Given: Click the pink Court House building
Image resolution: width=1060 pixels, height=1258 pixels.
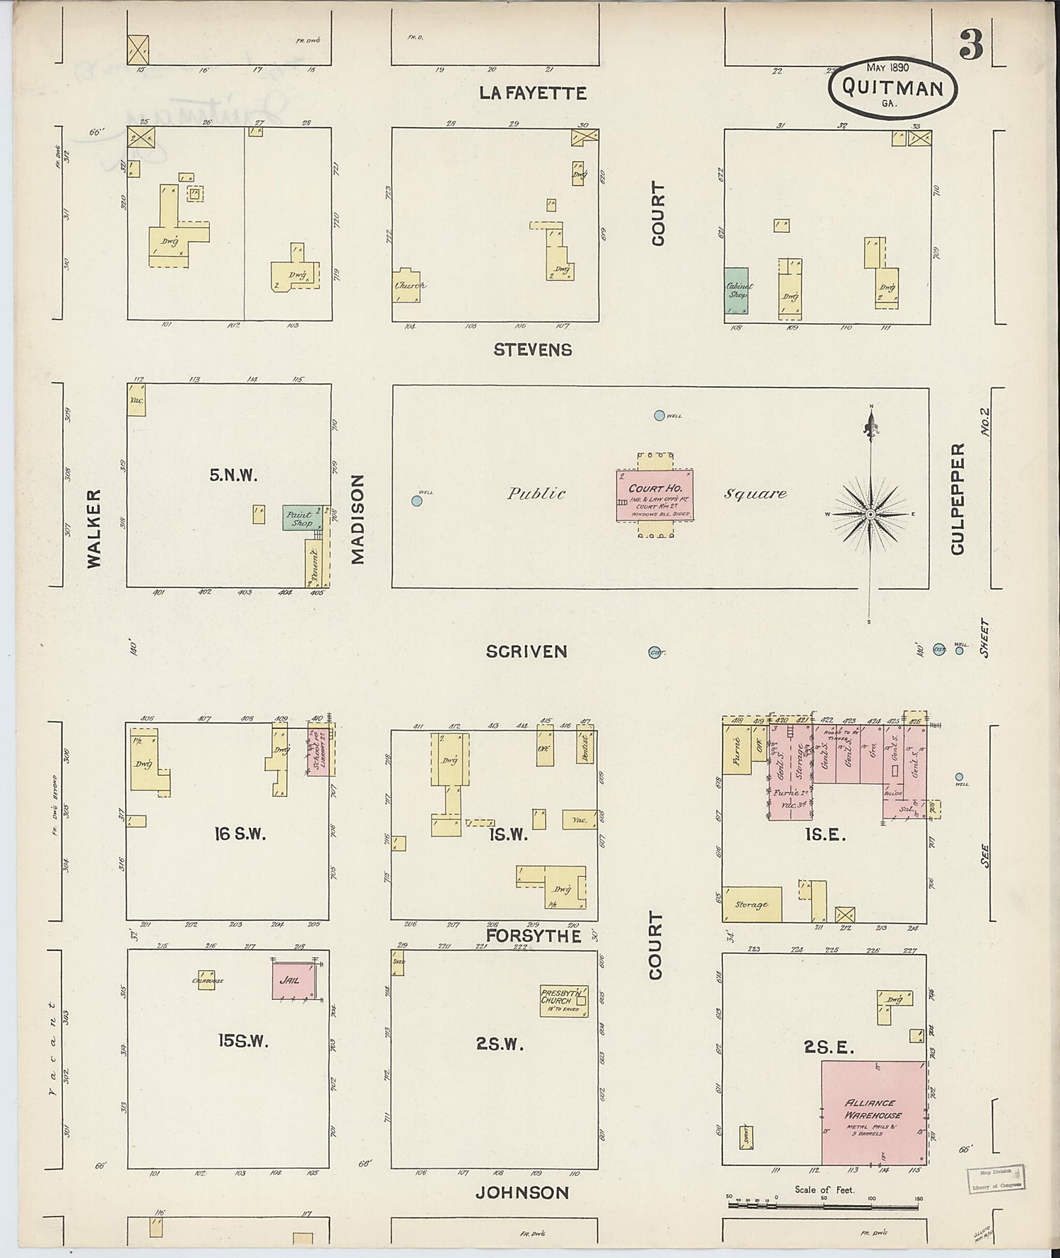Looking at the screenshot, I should (654, 495).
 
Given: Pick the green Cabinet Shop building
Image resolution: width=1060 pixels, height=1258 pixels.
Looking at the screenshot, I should (737, 292).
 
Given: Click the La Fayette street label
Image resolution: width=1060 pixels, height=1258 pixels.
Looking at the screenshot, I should (533, 93).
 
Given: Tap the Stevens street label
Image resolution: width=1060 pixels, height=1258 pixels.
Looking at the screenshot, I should (533, 349).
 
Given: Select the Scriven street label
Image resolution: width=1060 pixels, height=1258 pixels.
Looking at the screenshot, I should (526, 651).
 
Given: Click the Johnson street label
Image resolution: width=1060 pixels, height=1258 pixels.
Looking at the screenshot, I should (522, 1193).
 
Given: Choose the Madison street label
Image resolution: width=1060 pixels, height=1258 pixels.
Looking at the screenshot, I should (358, 519).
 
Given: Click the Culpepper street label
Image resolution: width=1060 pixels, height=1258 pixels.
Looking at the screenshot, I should (958, 499).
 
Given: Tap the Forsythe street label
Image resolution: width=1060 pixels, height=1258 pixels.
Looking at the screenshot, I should (534, 936).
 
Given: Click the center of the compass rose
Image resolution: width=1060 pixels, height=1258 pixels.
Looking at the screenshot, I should (871, 514).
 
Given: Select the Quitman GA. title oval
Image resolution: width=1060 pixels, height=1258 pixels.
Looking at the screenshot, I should (893, 88).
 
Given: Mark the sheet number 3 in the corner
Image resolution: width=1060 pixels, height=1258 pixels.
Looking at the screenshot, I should (971, 46).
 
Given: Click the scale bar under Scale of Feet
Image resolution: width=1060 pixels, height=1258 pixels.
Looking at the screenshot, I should (823, 1204).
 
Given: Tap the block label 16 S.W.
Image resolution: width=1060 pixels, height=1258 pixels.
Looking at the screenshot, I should (240, 834).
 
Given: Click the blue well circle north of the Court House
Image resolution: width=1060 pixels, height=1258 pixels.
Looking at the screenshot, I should (659, 416).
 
